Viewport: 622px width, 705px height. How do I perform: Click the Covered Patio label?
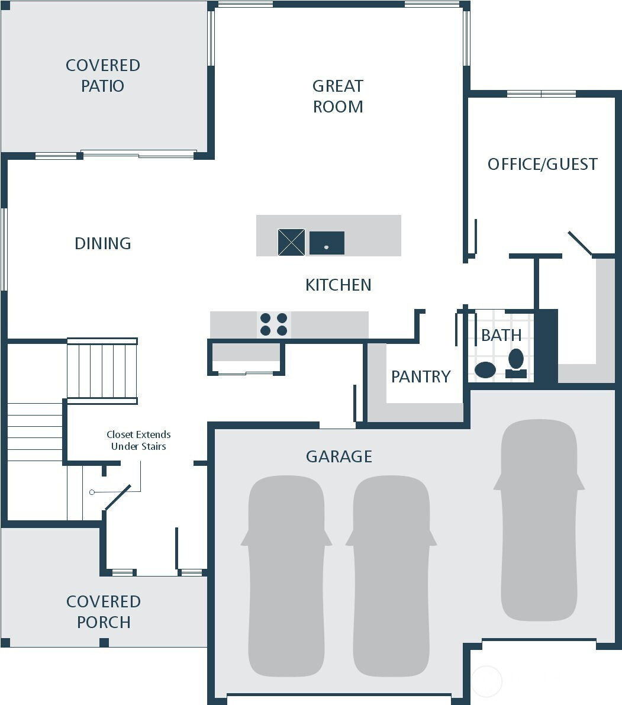point(103,75)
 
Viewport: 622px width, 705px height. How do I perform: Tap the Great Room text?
point(338,96)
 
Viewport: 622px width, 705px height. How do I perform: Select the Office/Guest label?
point(542,164)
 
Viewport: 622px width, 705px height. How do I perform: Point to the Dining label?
point(103,243)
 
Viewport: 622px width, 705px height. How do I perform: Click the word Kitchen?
point(339,285)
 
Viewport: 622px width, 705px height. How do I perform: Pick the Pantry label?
point(421,376)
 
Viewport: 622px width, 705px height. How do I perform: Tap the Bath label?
point(501,335)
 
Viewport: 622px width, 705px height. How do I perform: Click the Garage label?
point(339,456)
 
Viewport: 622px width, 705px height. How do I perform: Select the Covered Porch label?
point(104,611)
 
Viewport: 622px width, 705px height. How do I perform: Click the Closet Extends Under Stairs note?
point(138,440)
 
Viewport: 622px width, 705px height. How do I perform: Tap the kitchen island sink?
point(327,243)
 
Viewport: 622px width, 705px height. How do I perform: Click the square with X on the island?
point(292,242)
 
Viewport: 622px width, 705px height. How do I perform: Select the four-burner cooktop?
point(274,324)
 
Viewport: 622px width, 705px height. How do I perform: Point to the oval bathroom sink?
point(485,370)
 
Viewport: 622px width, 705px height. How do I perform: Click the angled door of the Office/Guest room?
point(580,243)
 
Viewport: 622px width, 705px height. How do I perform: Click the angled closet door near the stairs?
point(118,497)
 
